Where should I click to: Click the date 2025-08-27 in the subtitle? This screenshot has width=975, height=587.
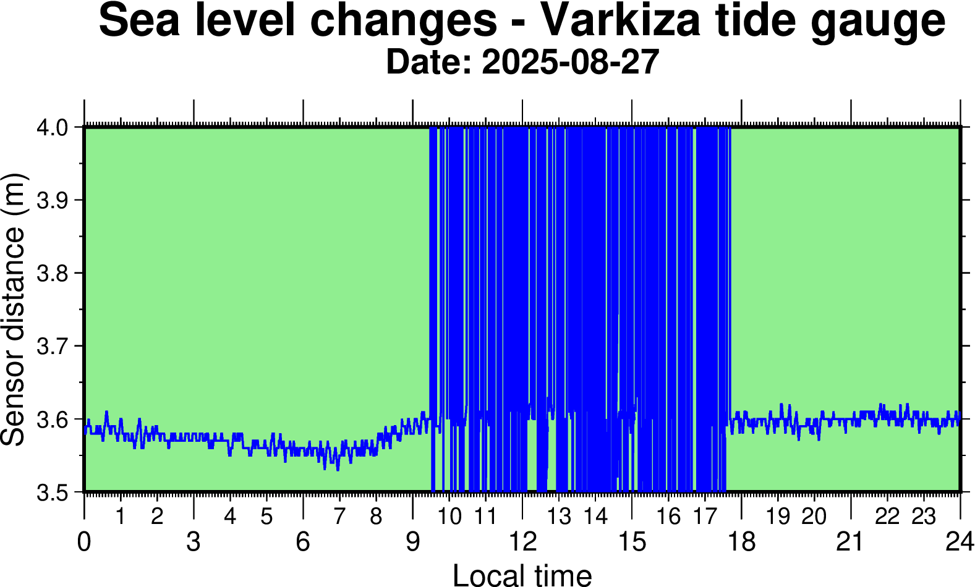coord(570,62)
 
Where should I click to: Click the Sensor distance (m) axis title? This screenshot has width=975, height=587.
coord(14,310)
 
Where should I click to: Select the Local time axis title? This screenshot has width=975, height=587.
coord(522,575)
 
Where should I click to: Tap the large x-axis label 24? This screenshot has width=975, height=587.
coord(959,542)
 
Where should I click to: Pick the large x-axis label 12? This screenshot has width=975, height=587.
coord(522,542)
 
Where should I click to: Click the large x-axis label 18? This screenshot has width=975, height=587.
coord(741,542)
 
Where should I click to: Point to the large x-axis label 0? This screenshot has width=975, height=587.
coord(84,542)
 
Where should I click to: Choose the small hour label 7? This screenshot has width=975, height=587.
coord(339,516)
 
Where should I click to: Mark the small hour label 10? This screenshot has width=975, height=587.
coord(449,516)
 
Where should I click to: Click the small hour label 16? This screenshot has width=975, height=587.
coord(668,516)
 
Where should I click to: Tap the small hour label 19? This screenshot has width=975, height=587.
coord(778,516)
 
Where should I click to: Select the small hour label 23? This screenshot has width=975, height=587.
coord(924,516)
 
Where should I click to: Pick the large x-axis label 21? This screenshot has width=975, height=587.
coord(850,542)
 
